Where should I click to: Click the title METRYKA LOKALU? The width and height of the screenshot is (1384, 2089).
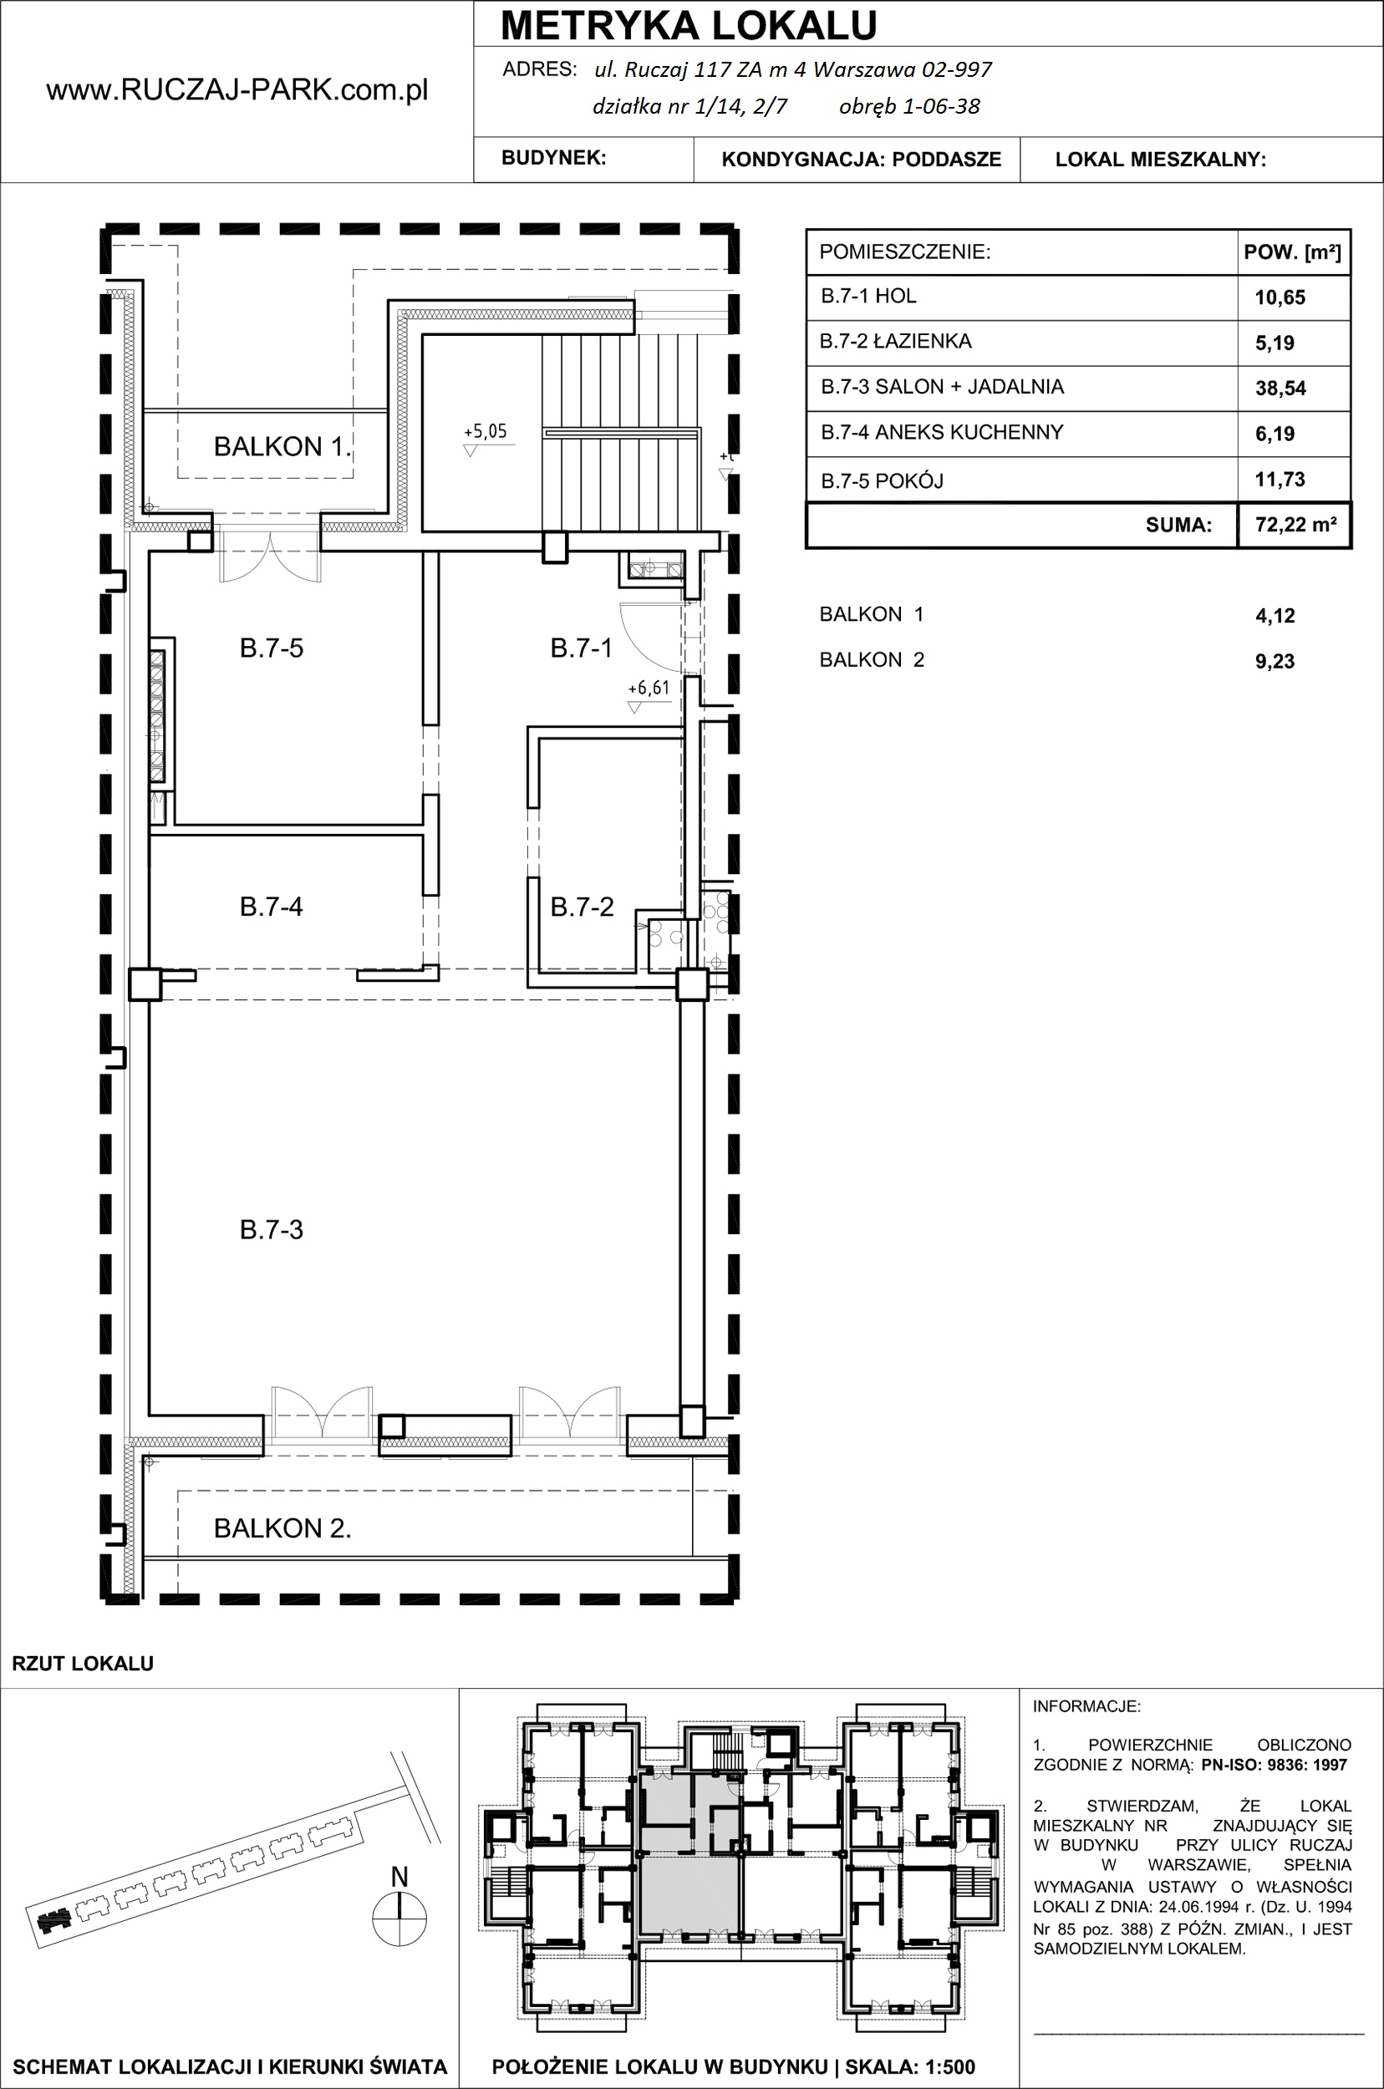(689, 26)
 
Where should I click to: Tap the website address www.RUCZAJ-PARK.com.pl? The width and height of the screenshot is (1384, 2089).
(237, 90)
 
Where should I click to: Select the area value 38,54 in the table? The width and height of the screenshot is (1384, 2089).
(1280, 389)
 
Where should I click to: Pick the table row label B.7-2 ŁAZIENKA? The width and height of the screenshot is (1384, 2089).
(895, 342)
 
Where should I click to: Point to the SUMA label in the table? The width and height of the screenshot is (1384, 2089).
(1178, 526)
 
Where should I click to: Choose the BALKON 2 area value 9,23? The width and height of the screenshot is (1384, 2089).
(1275, 662)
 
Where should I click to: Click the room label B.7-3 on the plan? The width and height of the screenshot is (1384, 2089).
(271, 1230)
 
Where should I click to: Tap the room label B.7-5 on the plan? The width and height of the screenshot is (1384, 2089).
(271, 648)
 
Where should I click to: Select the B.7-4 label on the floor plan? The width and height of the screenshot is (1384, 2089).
(271, 907)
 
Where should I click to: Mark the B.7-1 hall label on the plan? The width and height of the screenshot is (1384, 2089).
(581, 648)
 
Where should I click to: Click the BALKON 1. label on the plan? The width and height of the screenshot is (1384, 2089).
(282, 446)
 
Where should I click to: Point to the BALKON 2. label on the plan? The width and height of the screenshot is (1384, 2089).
(282, 1528)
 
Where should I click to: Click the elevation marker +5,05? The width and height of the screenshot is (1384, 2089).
(485, 431)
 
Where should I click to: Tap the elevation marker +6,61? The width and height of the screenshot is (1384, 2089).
(649, 689)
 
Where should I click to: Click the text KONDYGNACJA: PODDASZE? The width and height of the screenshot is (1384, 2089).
(862, 160)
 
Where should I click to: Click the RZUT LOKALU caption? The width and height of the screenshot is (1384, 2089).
(83, 1664)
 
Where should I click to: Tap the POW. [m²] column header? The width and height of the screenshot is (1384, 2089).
(1292, 253)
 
